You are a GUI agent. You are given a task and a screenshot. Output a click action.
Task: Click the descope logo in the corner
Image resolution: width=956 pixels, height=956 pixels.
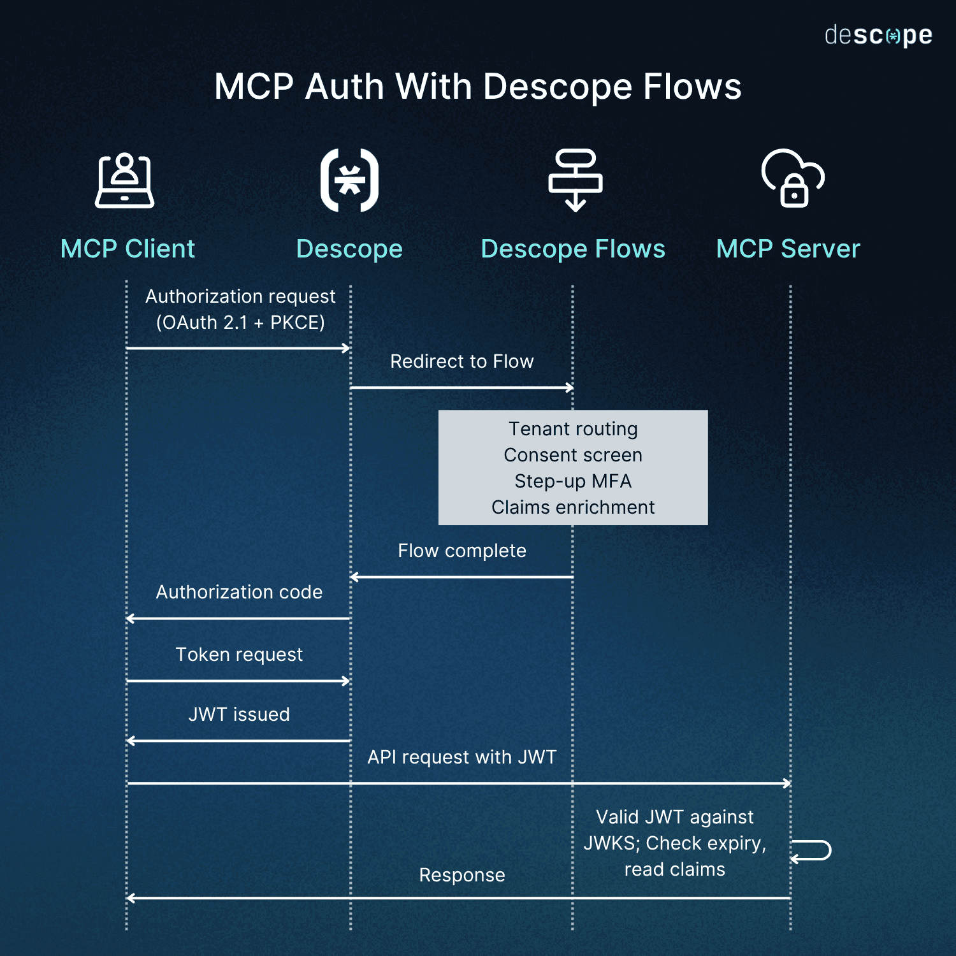(x=878, y=36)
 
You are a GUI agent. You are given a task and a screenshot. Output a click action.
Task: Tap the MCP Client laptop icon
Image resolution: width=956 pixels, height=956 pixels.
(x=125, y=181)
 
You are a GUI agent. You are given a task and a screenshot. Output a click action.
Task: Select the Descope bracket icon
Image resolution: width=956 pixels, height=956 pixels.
(x=349, y=180)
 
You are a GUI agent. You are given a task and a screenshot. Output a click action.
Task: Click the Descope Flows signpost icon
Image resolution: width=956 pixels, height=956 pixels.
(x=575, y=180)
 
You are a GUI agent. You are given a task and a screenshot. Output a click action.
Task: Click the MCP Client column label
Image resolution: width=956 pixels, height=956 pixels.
(x=127, y=249)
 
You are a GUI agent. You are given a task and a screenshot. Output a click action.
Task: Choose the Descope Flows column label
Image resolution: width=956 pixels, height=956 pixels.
(x=572, y=249)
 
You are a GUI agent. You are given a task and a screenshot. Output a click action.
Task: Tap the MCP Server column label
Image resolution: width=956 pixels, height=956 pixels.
(x=788, y=249)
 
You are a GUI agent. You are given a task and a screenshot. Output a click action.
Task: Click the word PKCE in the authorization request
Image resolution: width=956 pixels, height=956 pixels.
(x=296, y=322)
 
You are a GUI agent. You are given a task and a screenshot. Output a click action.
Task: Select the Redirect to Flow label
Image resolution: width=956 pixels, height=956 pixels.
(x=461, y=361)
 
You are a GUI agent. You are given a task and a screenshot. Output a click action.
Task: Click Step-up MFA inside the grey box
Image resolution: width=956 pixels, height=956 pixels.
(x=572, y=481)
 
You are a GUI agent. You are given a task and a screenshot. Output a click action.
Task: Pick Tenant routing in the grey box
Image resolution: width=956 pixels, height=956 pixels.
(x=572, y=429)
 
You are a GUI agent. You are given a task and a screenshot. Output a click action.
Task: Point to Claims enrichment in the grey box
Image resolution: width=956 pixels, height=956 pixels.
(x=572, y=507)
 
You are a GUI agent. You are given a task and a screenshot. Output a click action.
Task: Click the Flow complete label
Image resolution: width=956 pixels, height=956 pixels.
(x=461, y=551)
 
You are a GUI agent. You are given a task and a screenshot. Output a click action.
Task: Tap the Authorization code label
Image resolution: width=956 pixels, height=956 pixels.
(x=239, y=592)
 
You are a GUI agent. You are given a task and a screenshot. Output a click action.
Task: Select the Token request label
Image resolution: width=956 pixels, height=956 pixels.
(x=239, y=655)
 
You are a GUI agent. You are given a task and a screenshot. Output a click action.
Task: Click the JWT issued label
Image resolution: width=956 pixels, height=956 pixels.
(x=239, y=714)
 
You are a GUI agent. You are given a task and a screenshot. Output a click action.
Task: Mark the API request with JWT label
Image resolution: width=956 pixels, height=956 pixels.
(x=461, y=757)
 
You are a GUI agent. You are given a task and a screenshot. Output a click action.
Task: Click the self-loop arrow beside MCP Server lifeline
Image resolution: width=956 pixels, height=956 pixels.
(x=813, y=851)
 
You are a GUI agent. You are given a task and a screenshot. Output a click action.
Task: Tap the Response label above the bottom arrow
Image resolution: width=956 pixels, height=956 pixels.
(x=461, y=875)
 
